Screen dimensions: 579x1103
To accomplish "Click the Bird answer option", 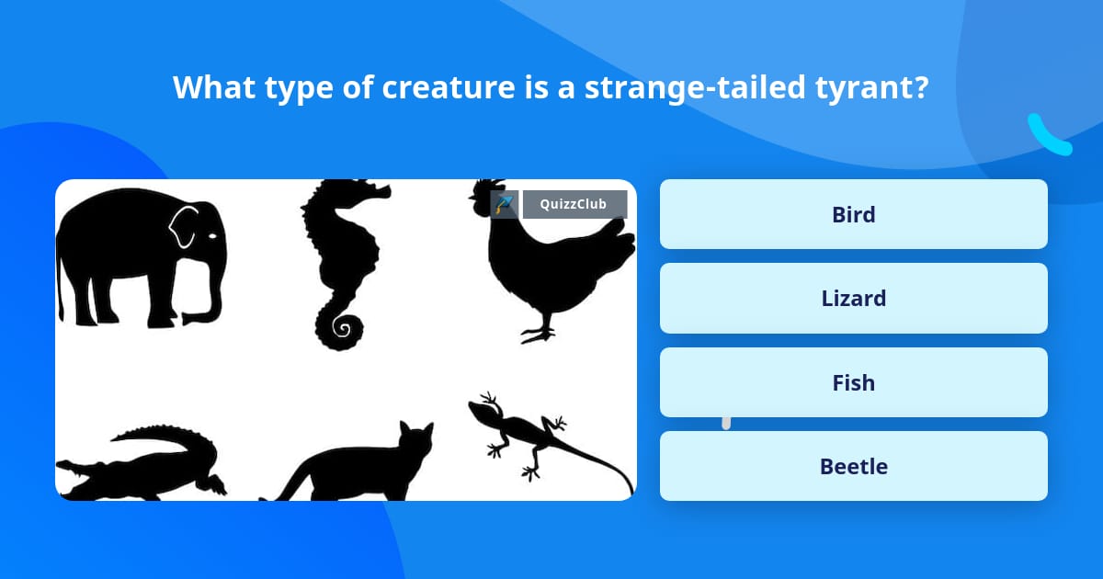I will coord(853,214).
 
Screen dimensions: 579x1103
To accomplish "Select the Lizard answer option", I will coord(853,298).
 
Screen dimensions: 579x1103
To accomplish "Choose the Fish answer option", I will coord(853,382).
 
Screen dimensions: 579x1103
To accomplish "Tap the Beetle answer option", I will coord(853,466).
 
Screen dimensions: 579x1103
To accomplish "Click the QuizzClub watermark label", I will coord(574,204).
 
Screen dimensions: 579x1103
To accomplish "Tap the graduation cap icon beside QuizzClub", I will coord(505,204).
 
